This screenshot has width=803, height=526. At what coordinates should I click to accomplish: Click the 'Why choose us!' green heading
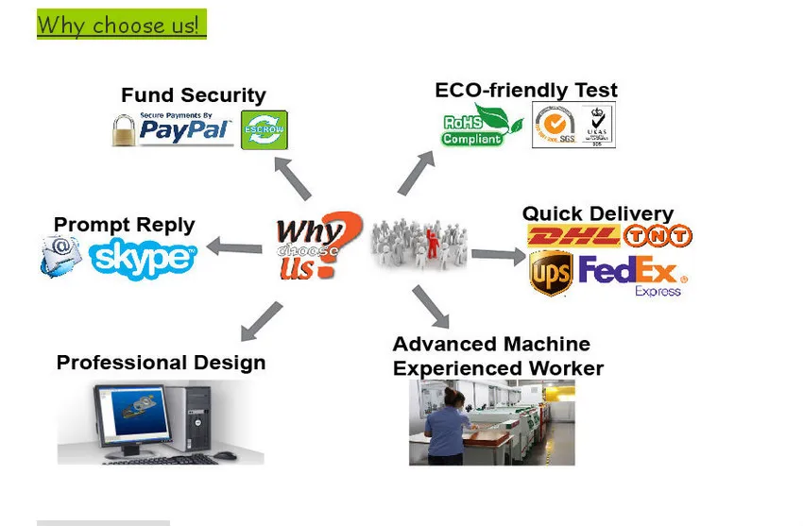(x=121, y=25)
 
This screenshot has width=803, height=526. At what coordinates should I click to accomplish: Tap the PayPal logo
(x=186, y=129)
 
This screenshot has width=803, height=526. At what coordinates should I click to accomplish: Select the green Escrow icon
(x=264, y=129)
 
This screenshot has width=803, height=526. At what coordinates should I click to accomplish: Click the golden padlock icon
(x=124, y=130)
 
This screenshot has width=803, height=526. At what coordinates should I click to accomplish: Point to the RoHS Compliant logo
(x=482, y=126)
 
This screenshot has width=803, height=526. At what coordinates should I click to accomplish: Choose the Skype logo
(x=144, y=256)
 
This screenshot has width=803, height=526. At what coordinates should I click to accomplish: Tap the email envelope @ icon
(x=60, y=255)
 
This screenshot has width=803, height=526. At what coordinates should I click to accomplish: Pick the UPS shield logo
(x=551, y=274)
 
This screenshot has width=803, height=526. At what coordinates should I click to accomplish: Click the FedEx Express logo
(x=632, y=275)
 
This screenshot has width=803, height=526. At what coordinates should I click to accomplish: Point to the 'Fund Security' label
(x=193, y=95)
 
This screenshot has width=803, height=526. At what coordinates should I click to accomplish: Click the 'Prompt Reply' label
(x=124, y=225)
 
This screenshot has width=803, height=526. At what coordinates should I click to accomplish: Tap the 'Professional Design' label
(x=161, y=363)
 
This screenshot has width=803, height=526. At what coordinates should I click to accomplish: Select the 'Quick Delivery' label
(x=598, y=213)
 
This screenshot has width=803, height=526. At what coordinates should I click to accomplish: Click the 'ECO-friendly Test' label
(x=526, y=91)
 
